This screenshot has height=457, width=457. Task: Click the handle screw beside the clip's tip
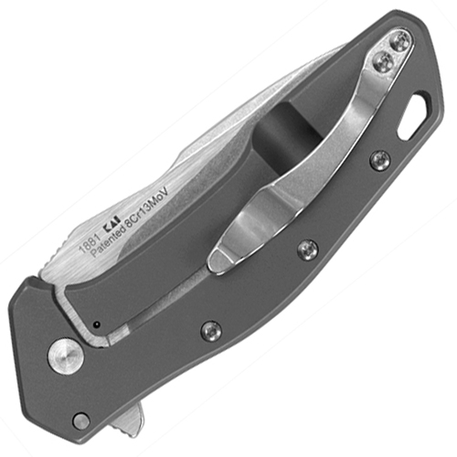click(x=308, y=249)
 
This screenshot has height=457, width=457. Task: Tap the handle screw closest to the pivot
click(x=211, y=330)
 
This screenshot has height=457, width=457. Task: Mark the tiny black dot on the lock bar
click(x=94, y=324)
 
